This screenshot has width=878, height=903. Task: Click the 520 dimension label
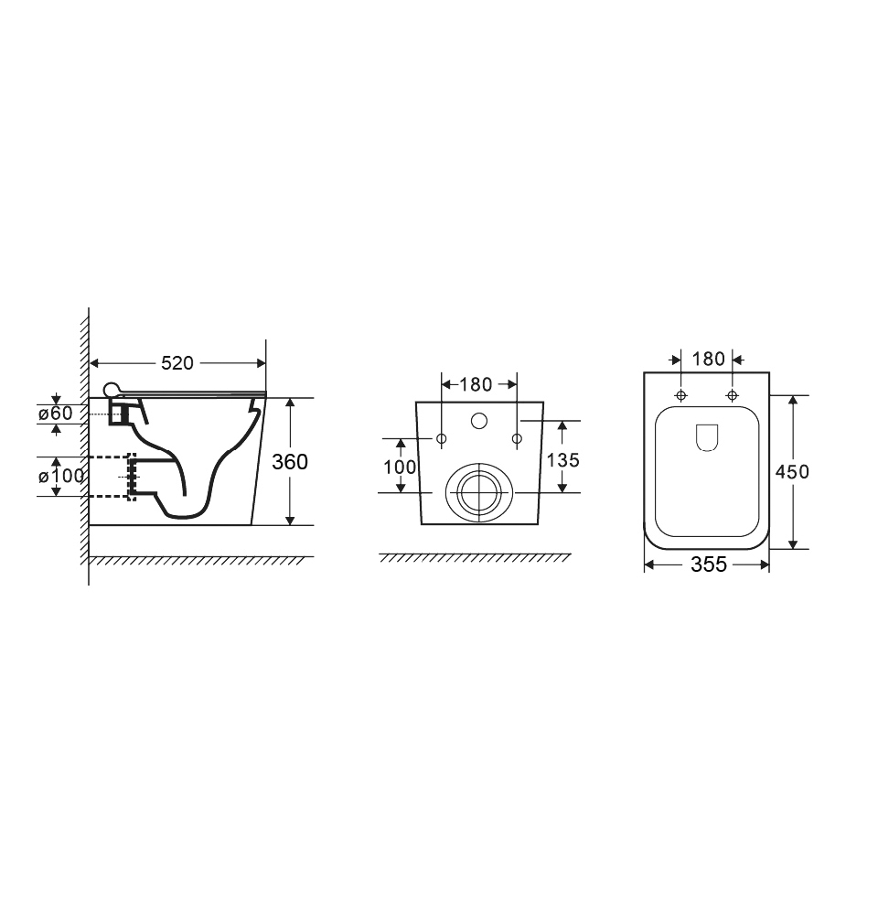177,363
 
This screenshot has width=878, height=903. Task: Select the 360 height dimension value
290,461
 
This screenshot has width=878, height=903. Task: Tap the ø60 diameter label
56,413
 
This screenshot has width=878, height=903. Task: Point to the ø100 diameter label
61,477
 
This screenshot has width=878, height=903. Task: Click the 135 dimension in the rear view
562,460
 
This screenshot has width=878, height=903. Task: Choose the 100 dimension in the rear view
400,467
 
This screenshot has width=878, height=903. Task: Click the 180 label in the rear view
476,384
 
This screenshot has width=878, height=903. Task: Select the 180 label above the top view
708,359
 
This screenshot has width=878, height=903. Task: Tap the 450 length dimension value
792,472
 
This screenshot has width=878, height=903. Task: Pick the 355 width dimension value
709,564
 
